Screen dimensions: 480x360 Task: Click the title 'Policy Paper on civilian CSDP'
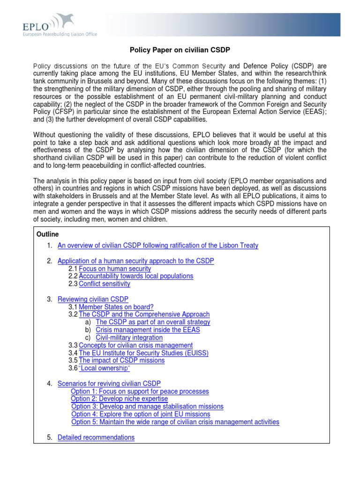point(180,50)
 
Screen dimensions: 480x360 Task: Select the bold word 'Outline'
point(47,234)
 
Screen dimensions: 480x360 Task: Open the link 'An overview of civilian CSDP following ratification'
point(157,246)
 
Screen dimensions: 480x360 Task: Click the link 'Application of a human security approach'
point(135,261)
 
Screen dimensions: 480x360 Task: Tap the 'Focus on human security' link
point(115,269)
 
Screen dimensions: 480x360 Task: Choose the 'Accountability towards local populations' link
point(136,276)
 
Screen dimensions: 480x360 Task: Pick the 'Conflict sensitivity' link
point(105,284)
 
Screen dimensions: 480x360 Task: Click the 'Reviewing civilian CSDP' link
point(93,299)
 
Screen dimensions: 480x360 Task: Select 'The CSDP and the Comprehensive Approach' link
point(144,315)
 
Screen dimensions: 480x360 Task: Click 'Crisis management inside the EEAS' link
point(148,330)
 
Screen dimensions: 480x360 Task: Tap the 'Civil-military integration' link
point(129,337)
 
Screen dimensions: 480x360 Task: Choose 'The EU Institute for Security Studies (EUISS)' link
point(143,353)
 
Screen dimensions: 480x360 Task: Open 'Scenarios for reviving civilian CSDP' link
point(109,383)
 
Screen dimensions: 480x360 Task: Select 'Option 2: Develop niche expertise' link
point(119,399)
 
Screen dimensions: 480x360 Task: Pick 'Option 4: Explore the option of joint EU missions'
point(141,414)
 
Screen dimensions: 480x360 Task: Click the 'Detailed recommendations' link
point(96,437)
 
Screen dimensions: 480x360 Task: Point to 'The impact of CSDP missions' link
point(122,360)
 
